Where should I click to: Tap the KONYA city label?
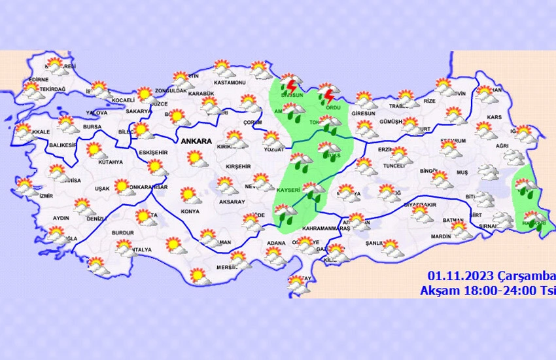point(190,211)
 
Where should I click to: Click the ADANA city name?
point(276,243)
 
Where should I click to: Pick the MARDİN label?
point(442,236)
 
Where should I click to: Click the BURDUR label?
point(123,232)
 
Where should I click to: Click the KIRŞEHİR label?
point(238,167)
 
